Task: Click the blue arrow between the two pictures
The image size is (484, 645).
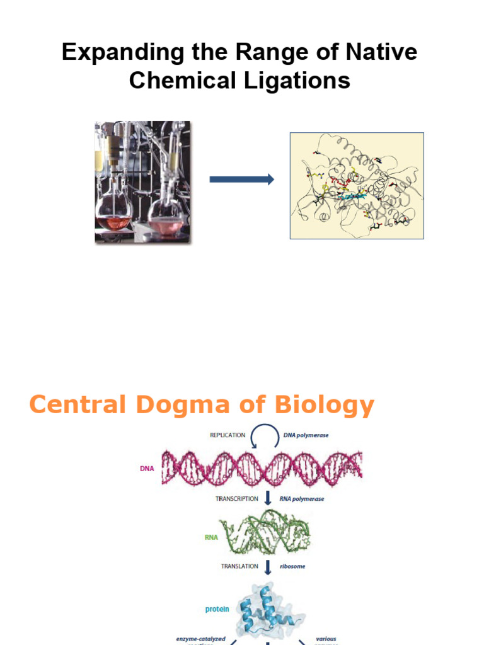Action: tap(242, 180)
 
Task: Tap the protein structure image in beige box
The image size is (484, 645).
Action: tap(357, 185)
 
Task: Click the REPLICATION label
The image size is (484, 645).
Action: tap(228, 435)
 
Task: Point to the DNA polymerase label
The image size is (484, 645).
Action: tap(307, 435)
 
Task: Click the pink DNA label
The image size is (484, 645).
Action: tap(146, 469)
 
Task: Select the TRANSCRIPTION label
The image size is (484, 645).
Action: tap(237, 499)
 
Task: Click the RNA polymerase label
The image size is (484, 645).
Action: tap(302, 499)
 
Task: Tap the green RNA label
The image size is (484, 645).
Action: tap(210, 537)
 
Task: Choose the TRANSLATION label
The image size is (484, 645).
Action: tap(239, 566)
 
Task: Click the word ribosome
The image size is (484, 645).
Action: tap(292, 566)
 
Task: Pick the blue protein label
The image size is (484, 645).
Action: tap(217, 609)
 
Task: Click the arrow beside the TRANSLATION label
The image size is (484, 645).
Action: tap(268, 566)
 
